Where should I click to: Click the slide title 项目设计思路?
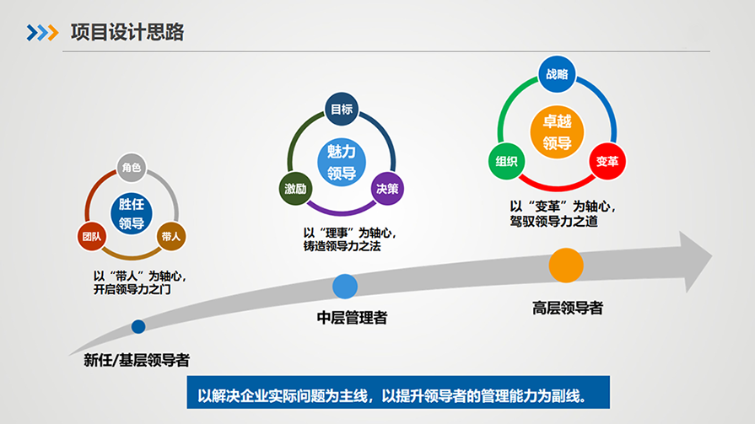127,32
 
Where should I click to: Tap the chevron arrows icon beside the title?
42,33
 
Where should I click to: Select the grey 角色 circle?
132,168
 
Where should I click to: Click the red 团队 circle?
91,236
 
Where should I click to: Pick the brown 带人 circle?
171,236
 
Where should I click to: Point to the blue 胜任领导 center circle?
132,213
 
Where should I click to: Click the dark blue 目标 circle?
342,110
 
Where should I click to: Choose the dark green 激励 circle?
295,189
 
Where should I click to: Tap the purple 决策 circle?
387,189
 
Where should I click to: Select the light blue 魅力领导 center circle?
342,162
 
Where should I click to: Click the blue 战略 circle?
557,74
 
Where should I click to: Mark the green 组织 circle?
506,161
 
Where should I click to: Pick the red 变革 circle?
607,161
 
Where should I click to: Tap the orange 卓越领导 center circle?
557,131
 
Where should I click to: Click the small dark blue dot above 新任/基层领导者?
138,327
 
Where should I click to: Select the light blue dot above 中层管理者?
345,287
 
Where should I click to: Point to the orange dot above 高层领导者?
566,266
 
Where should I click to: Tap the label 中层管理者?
352,318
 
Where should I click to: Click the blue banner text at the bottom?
391,395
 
